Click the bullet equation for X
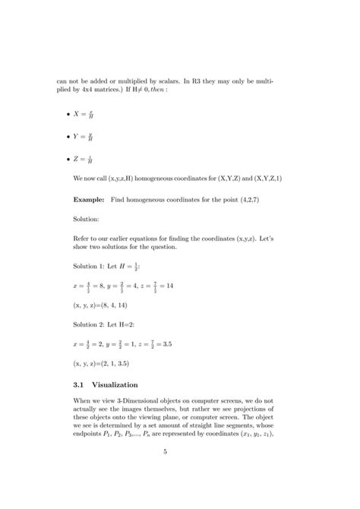[x=83, y=115]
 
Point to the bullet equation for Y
[x=83, y=138]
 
